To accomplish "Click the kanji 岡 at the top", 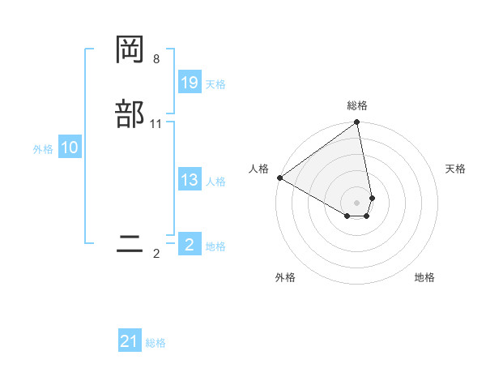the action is point(130,49).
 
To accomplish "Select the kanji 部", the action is point(130,113).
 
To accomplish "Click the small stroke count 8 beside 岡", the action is point(156,59).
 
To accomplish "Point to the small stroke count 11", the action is point(156,124).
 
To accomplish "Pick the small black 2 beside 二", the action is point(156,254).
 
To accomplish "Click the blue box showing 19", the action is point(190,83).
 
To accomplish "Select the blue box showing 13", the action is point(190,180).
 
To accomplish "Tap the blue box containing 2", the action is point(190,245).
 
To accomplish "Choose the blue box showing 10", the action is point(70,148).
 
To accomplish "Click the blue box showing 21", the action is point(130,341).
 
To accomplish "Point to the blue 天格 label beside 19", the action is point(215,84).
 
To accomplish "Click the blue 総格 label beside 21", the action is point(156,343).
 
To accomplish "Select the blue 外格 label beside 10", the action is point(43,149).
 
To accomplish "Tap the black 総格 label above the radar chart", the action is point(357,105).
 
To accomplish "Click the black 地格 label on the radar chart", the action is point(424,277).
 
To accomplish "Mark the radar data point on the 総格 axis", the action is point(357,123).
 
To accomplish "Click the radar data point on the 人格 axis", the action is point(279,178).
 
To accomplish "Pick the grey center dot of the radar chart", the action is point(357,202).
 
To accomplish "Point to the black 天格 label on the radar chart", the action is point(455,169).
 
